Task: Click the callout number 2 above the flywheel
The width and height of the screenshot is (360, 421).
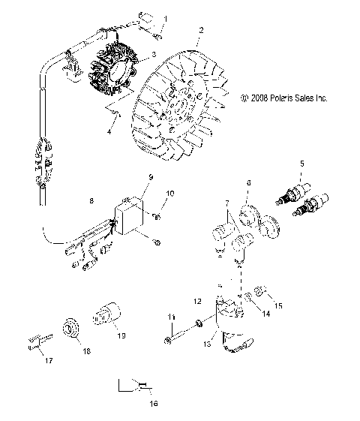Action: click(200, 31)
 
